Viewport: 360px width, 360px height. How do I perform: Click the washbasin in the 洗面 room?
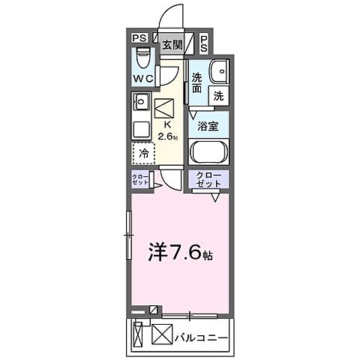click(218, 71)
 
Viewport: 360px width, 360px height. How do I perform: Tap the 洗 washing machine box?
click(217, 95)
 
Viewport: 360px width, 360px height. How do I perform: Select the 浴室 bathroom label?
click(208, 126)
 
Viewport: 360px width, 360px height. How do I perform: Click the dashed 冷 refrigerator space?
click(142, 154)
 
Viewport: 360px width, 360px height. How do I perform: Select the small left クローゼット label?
click(139, 180)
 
